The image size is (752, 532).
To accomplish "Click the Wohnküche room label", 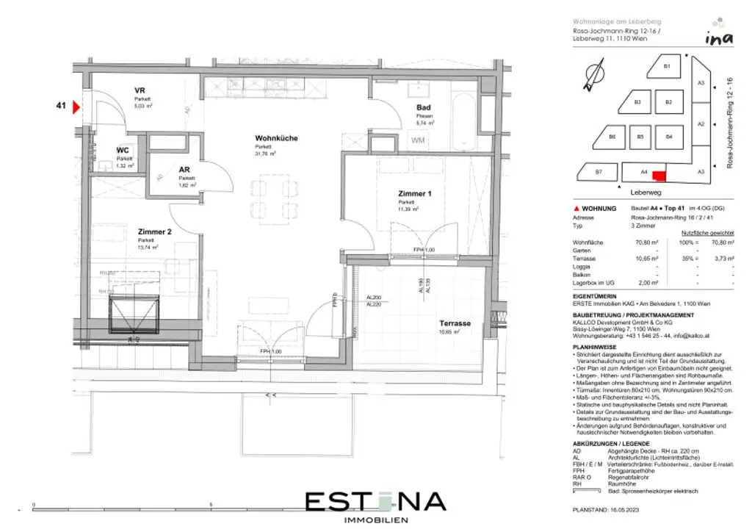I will pyautogui.click(x=276, y=138).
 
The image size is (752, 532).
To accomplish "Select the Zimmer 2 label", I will pyautogui.click(x=155, y=231).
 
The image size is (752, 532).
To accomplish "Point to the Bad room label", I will pyautogui.click(x=424, y=108).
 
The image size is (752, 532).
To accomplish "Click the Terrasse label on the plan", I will pyautogui.click(x=455, y=323).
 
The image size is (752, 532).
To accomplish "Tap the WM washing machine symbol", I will pyautogui.click(x=418, y=140).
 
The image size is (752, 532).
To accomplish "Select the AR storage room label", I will pyautogui.click(x=184, y=170).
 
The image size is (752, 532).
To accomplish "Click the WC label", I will pyautogui.click(x=123, y=151).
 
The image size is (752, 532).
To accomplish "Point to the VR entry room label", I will pyautogui.click(x=139, y=90).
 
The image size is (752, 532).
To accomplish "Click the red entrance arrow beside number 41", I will pyautogui.click(x=75, y=107).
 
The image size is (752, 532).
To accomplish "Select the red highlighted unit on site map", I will pyautogui.click(x=659, y=176).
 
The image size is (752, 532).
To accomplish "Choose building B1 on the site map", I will pyautogui.click(x=666, y=67).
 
